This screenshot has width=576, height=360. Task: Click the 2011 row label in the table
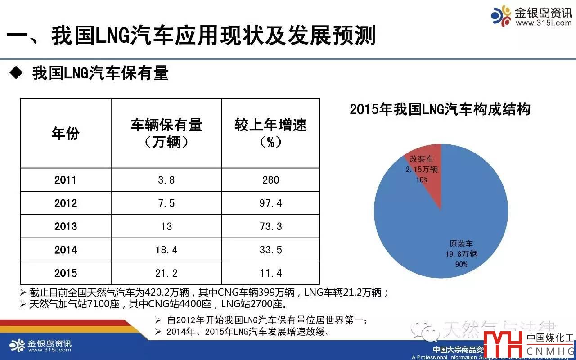(x=66, y=180)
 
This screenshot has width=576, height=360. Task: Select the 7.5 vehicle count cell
(x=166, y=203)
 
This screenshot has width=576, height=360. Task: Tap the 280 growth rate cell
(x=270, y=180)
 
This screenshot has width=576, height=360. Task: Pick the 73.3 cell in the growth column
(x=270, y=226)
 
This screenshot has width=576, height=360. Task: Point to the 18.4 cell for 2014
(x=166, y=250)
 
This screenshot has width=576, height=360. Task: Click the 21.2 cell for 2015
(x=166, y=273)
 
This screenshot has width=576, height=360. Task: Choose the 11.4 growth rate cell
(x=270, y=273)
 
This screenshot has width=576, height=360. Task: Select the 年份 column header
(x=66, y=133)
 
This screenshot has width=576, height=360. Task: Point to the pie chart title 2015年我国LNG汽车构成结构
(x=440, y=109)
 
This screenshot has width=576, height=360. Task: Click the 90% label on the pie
(x=461, y=264)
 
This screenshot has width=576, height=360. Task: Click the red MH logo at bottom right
(x=503, y=344)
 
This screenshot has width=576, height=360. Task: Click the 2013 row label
(x=66, y=226)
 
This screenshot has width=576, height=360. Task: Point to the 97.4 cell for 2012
(x=270, y=203)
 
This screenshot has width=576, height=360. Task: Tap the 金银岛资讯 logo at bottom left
(x=40, y=346)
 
